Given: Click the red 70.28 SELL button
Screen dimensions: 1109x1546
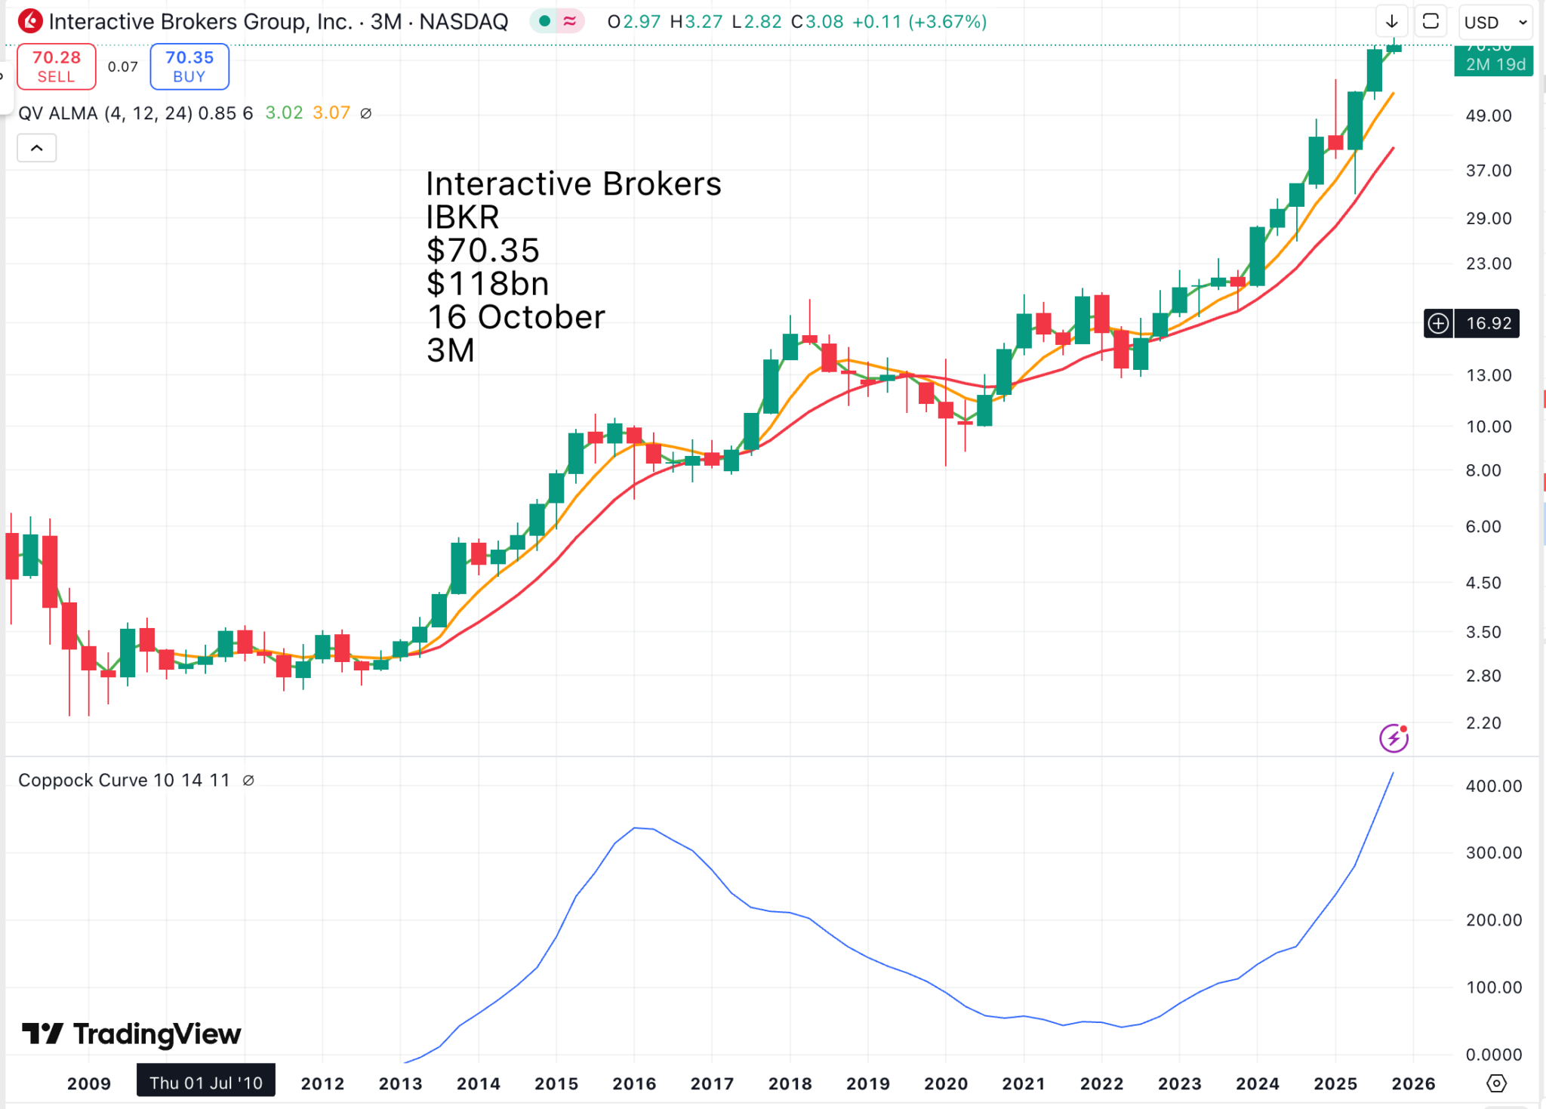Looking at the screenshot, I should pos(57,66).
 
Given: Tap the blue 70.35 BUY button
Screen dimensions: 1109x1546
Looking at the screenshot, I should pos(189,66).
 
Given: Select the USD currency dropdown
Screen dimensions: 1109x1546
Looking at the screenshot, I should pos(1495,23).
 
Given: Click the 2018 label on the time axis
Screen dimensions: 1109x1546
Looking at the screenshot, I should pos(790,1083).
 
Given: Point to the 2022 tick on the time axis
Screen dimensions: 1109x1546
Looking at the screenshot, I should pos(1101,1083).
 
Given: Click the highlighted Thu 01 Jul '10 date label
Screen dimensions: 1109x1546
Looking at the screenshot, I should pos(205,1083).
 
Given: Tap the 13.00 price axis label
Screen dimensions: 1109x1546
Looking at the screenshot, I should pos(1489,375).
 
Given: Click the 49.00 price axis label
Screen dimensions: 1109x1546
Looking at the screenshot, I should pos(1489,116).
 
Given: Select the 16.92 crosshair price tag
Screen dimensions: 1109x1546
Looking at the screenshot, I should pos(1488,323).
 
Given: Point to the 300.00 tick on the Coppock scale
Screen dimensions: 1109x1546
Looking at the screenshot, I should pos(1493,852).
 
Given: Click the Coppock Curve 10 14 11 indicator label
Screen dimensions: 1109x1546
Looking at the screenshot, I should pos(124,780).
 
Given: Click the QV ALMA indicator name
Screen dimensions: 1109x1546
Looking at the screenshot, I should pos(58,113).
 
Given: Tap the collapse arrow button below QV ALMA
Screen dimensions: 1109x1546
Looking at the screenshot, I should pos(36,148).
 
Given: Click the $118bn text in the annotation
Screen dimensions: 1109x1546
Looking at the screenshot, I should pos(488,284).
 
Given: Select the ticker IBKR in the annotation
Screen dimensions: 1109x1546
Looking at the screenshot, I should pos(462,217).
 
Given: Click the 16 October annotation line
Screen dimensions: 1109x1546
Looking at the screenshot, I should pos(516,317).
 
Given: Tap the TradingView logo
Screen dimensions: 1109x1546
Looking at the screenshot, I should pos(131,1034).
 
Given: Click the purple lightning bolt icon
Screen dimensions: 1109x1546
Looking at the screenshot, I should pos(1394,738).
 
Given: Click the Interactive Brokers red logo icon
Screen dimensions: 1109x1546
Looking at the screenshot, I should pos(30,21).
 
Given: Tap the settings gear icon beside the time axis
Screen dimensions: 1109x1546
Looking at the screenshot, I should pos(1496,1083).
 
